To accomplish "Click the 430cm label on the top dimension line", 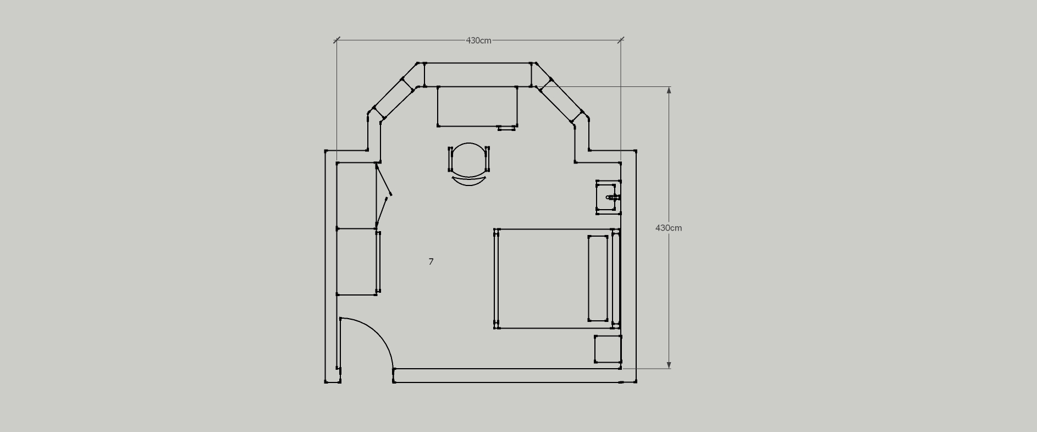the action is pos(478,41).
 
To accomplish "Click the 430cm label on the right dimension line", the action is pos(669,228).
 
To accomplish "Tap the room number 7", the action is pos(431,261).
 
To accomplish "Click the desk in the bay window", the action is pos(477,106).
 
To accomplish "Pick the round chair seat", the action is pos(468,160).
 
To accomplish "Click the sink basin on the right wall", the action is pos(606,197).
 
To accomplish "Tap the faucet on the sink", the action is pos(613,197).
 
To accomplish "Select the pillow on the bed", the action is pos(598,278).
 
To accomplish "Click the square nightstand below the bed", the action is pos(608,349).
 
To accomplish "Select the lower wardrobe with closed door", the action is pos(357,262).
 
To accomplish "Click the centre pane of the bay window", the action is pos(477,75).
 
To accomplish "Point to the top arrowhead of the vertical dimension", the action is pos(669,90).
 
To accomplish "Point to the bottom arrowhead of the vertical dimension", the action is pos(669,365).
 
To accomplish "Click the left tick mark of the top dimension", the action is pos(337,40).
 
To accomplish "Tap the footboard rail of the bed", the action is pos(497,278).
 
